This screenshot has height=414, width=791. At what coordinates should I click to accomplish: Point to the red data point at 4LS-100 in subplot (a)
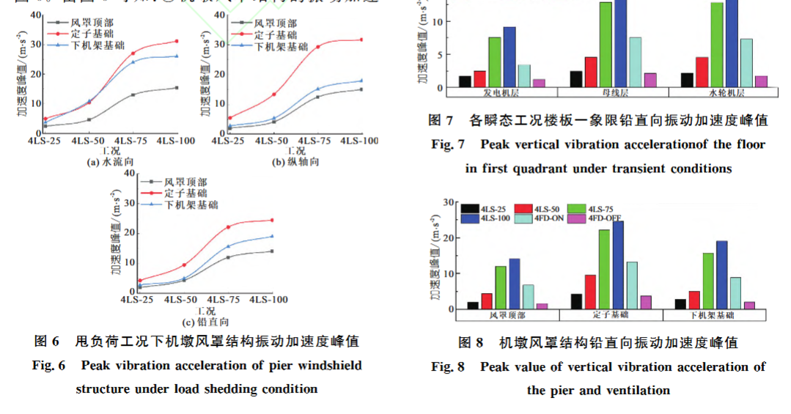(176, 41)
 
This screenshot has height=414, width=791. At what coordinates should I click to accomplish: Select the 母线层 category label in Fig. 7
(613, 93)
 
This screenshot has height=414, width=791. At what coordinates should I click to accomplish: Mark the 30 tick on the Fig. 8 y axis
(453, 202)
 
